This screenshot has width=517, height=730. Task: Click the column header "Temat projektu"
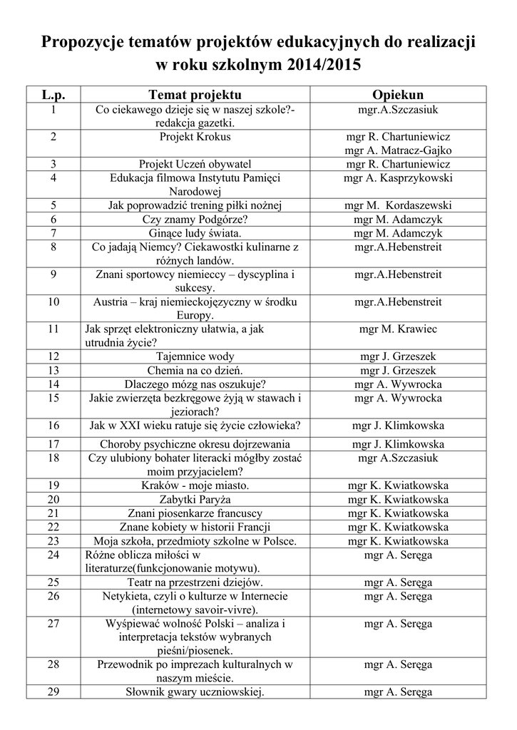[x=195, y=95]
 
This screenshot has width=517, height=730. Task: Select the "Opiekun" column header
[x=398, y=95]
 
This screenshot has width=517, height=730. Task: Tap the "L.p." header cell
[x=53, y=95]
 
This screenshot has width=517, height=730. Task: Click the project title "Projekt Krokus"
[x=195, y=136]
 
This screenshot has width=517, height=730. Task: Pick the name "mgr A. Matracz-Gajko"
[x=398, y=150]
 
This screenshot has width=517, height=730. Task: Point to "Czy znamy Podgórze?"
[x=195, y=220]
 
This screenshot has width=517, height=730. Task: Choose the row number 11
[x=53, y=329]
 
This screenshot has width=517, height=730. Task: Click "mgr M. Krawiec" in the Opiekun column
[x=398, y=329]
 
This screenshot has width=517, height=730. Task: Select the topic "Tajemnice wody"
[x=195, y=356]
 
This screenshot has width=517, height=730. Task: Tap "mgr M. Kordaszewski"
[x=398, y=205]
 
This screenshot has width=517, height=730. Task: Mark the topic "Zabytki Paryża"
[x=195, y=499]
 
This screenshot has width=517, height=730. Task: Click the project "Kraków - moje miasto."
[x=195, y=485]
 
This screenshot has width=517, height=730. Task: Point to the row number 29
[x=53, y=692]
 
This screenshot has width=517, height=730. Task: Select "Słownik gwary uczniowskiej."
[x=195, y=692]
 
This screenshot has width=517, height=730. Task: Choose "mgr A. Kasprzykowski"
[x=398, y=178]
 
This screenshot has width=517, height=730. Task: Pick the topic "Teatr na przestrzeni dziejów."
[x=195, y=582]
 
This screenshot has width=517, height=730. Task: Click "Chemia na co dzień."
[x=195, y=371]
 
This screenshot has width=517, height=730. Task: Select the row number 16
[x=53, y=426]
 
